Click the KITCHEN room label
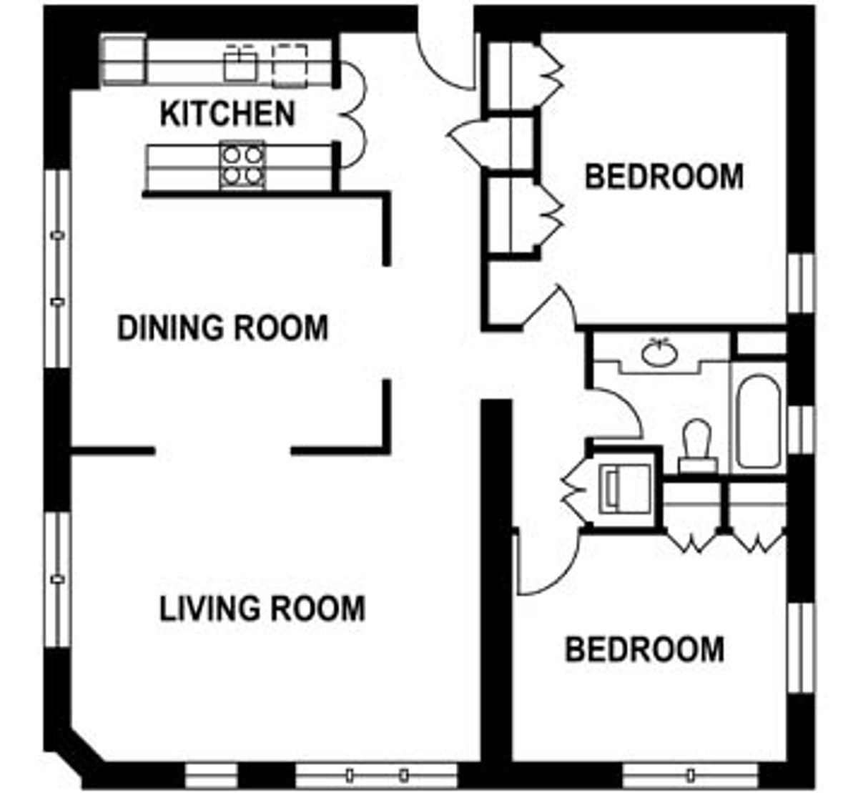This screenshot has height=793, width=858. point(227,114)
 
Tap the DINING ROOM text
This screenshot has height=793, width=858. point(223,328)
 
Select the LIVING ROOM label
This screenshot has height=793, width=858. point(262,609)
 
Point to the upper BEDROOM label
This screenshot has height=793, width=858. point(664,177)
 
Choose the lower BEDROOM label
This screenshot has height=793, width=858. point(645,649)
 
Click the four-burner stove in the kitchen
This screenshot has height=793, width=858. point(242,165)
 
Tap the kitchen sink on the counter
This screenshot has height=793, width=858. point(240,63)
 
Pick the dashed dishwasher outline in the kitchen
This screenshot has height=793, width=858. point(290,65)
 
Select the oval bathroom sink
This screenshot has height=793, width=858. point(659,353)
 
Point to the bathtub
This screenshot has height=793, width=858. point(758,421)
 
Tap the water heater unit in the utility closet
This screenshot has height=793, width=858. point(625,489)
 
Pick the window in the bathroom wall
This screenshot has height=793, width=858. point(801,430)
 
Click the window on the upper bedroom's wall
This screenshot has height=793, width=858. point(801,283)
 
